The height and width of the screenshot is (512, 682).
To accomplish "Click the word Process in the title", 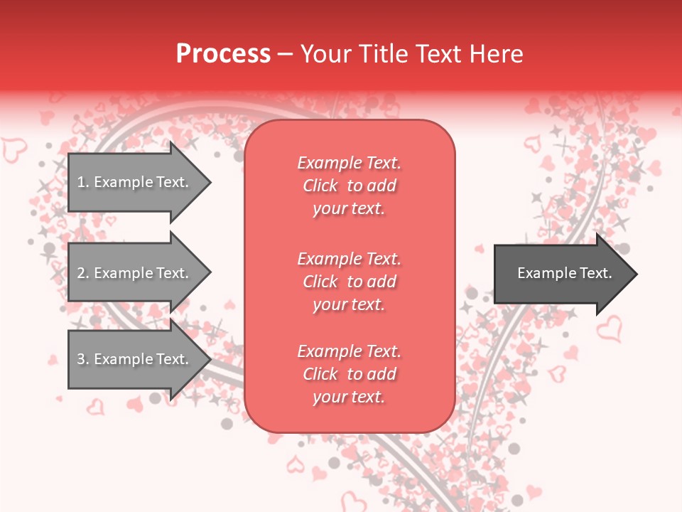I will point(223,54).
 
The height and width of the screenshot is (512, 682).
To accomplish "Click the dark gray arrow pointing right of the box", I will point(561,274).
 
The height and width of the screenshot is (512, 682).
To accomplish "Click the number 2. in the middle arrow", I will point(82,273).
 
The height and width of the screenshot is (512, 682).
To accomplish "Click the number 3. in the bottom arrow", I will point(82,359).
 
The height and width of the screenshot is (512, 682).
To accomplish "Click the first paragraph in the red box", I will point(349,186).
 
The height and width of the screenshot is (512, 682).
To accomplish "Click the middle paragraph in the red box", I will point(349,282).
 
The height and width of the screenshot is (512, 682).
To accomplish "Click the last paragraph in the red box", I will point(349,374).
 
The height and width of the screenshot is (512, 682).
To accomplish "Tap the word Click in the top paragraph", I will point(320,186).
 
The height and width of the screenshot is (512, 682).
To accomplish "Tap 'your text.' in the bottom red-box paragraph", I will point(349,397).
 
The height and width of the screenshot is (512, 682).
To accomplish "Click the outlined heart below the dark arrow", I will point(609,329).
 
